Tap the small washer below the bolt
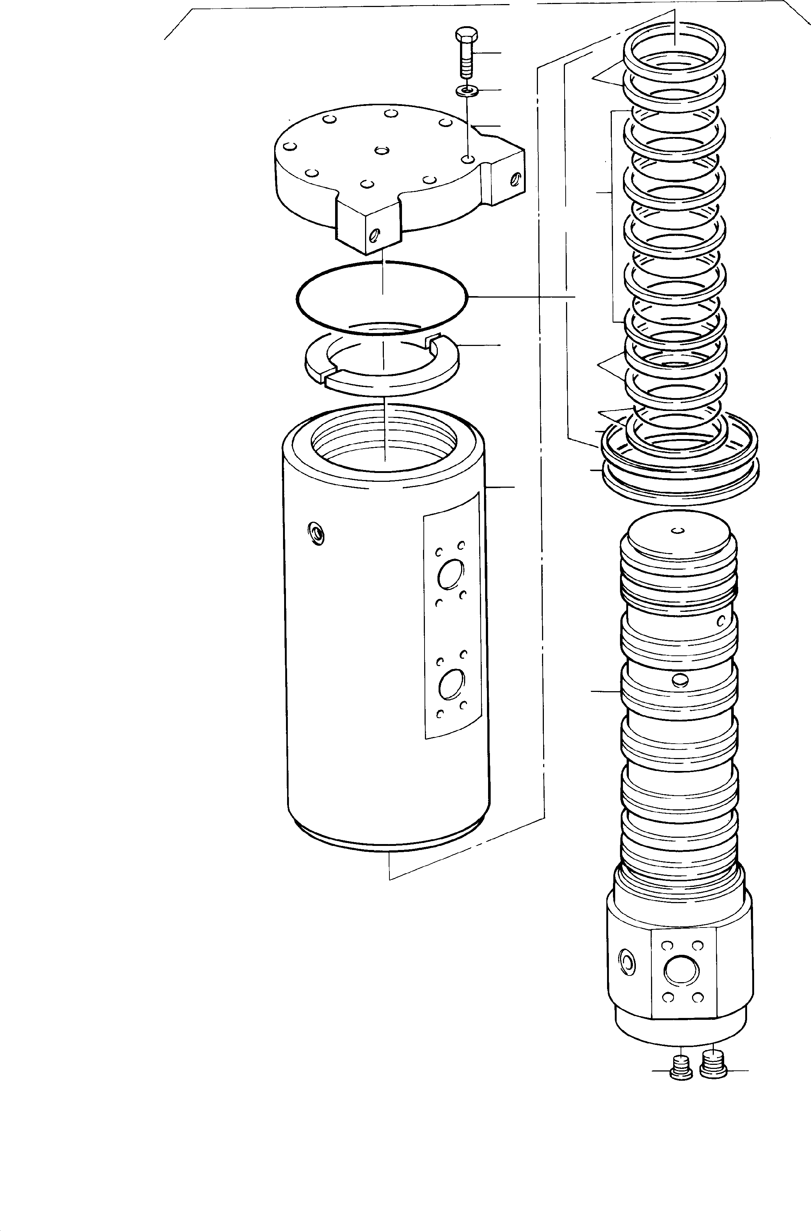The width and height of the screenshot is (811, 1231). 467,91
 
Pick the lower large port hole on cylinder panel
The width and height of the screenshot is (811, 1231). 451,685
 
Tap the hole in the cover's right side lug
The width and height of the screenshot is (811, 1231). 514,179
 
